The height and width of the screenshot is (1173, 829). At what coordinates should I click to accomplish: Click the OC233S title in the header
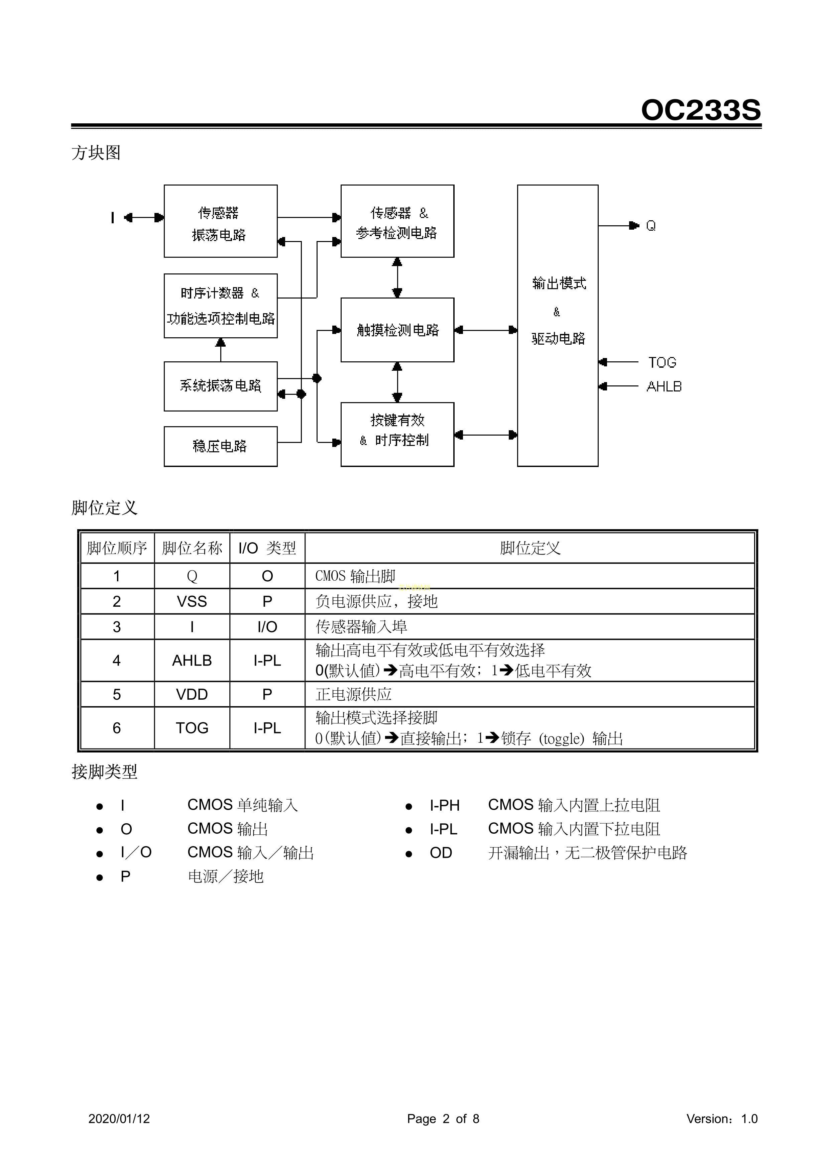tap(700, 110)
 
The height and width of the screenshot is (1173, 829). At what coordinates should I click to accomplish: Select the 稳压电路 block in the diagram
tap(220, 446)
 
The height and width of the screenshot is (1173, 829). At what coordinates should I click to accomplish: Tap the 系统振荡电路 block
tap(220, 386)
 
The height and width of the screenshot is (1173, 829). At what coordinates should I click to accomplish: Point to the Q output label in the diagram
tap(651, 226)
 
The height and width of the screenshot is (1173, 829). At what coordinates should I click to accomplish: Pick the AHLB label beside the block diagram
tap(664, 387)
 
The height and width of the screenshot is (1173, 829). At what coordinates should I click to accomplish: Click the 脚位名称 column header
tap(192, 548)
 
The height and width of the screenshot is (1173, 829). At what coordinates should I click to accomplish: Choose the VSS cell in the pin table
tap(192, 601)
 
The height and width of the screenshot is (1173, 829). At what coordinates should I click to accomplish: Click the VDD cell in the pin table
tap(192, 694)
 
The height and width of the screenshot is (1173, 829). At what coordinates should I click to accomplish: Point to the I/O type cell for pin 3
tap(267, 627)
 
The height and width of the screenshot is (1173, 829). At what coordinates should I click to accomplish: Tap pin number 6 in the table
tap(116, 728)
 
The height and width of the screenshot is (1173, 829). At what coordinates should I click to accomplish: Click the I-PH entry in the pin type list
tap(444, 806)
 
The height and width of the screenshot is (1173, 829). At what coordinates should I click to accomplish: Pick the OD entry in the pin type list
tap(441, 853)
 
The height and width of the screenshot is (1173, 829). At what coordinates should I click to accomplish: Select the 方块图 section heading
tap(96, 153)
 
